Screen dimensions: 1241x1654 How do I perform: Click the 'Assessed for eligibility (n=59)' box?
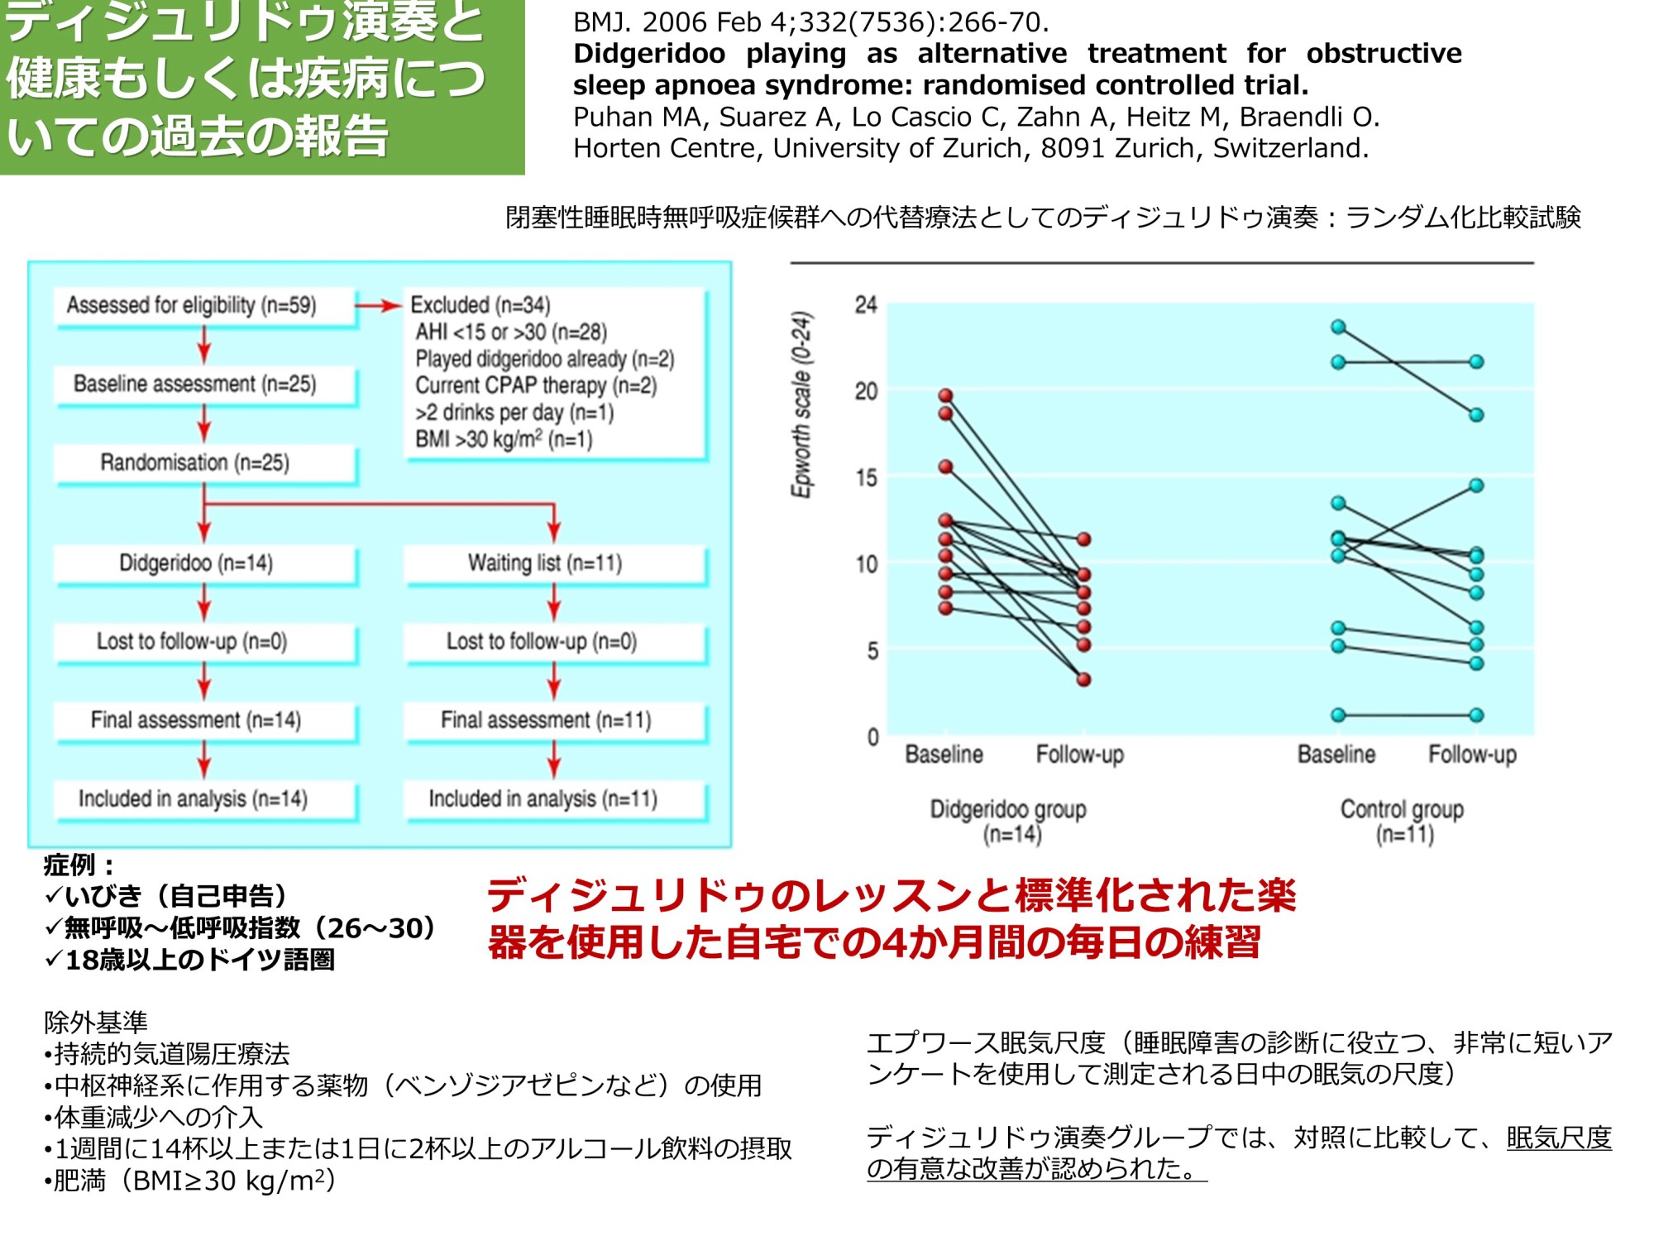[192, 305]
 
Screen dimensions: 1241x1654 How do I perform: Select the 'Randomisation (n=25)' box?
[195, 462]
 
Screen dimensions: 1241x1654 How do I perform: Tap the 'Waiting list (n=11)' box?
[545, 563]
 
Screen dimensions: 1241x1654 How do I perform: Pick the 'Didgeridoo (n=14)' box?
[196, 563]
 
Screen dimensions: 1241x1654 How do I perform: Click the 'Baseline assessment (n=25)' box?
[195, 384]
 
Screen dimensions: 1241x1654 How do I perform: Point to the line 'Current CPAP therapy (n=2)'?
[536, 386]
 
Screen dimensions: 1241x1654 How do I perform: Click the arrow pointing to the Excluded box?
[379, 306]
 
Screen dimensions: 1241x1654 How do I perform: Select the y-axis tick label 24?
[866, 305]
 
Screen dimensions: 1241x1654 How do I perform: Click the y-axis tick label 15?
[866, 477]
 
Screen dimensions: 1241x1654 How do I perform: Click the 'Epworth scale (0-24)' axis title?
[801, 405]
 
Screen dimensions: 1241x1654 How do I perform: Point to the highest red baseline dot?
[946, 395]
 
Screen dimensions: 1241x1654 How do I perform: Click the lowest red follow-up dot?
[1083, 679]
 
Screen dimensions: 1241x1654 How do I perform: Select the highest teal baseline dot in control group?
[1338, 327]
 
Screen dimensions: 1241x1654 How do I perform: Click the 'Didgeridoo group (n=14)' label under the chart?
[1008, 820]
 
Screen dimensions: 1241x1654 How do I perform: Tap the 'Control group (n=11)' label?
[1402, 820]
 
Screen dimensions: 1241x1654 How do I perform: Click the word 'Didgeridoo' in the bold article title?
[649, 54]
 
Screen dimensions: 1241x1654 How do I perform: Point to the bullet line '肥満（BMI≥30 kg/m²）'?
[191, 1181]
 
